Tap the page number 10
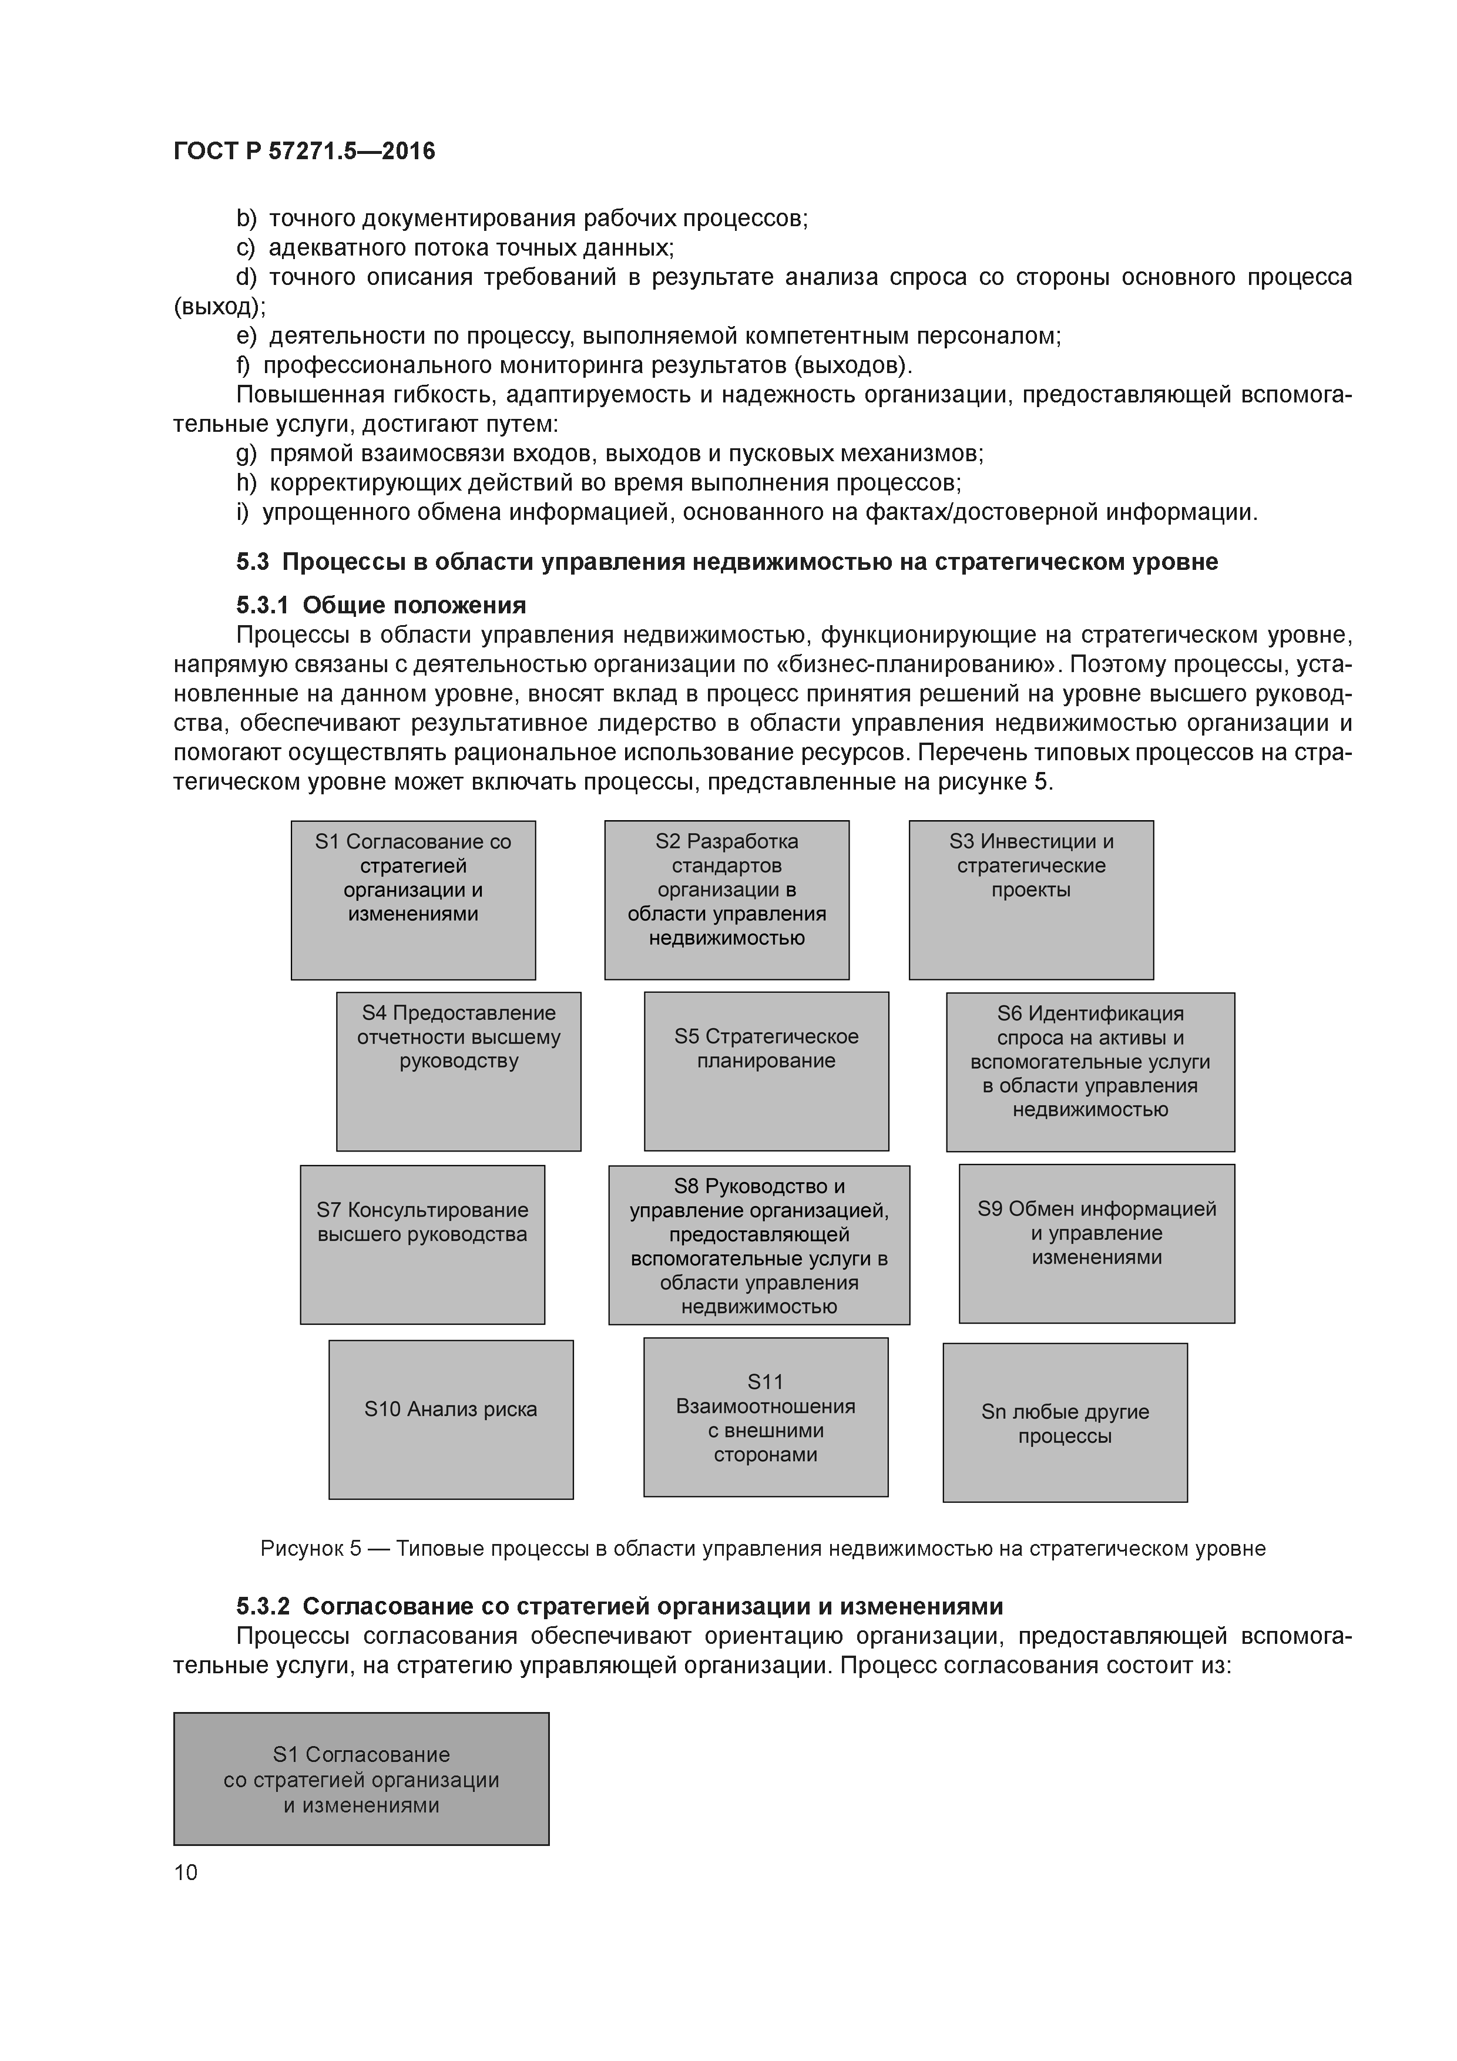point(186,1872)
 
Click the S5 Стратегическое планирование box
point(766,1071)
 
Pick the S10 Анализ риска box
point(451,1419)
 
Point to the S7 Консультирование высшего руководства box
point(422,1244)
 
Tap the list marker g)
point(246,454)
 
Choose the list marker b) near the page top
point(246,218)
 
